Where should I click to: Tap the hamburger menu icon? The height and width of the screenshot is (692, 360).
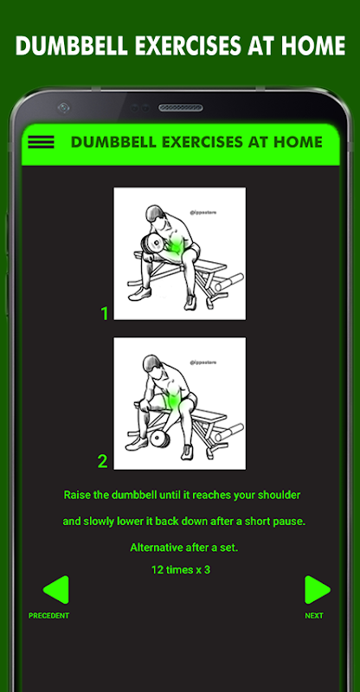41,142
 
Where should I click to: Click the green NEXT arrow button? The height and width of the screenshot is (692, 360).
317,590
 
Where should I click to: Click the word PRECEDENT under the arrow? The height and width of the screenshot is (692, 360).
49,616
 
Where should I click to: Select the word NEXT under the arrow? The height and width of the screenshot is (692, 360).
314,616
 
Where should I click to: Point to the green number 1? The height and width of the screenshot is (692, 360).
105,313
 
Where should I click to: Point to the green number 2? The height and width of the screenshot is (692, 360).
102,462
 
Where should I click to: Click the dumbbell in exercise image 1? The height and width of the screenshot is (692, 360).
152,245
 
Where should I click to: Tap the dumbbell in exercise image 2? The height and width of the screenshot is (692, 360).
159,439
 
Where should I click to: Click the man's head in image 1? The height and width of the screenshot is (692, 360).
156,215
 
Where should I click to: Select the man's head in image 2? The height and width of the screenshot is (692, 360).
153,365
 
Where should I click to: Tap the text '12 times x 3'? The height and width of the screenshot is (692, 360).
181,570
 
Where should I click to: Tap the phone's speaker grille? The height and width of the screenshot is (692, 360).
181,107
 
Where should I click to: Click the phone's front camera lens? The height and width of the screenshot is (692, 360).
64,107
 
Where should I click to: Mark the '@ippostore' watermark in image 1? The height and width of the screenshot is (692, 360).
203,212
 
